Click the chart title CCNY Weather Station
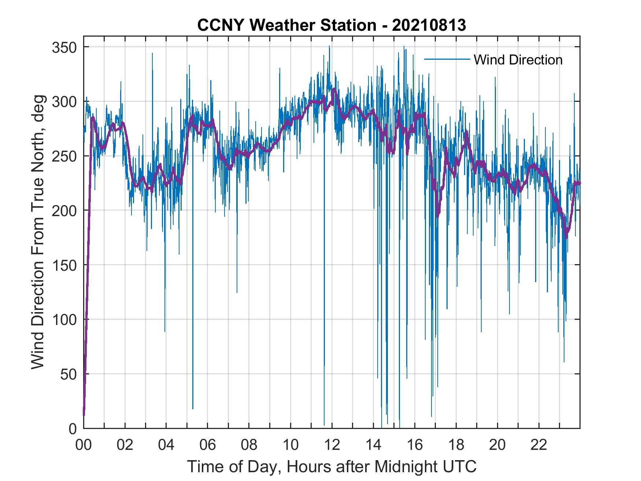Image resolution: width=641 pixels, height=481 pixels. coord(286,25)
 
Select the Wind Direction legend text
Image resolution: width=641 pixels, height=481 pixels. coord(518,60)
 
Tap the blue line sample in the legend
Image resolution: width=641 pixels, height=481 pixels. coord(447,59)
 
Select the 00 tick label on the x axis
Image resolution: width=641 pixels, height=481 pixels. coord(84,445)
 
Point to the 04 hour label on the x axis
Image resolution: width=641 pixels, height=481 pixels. coord(166,445)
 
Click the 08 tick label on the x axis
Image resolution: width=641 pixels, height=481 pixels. coord(249,445)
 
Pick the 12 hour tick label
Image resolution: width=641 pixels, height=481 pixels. coord(332,445)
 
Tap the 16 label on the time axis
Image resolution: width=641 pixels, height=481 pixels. coord(415,445)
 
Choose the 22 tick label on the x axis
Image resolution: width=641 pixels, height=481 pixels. coord(539,445)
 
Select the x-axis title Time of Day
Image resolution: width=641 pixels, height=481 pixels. coord(332,467)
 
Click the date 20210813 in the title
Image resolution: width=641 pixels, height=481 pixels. coord(429,25)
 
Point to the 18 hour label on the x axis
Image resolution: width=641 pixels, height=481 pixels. coord(456,445)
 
